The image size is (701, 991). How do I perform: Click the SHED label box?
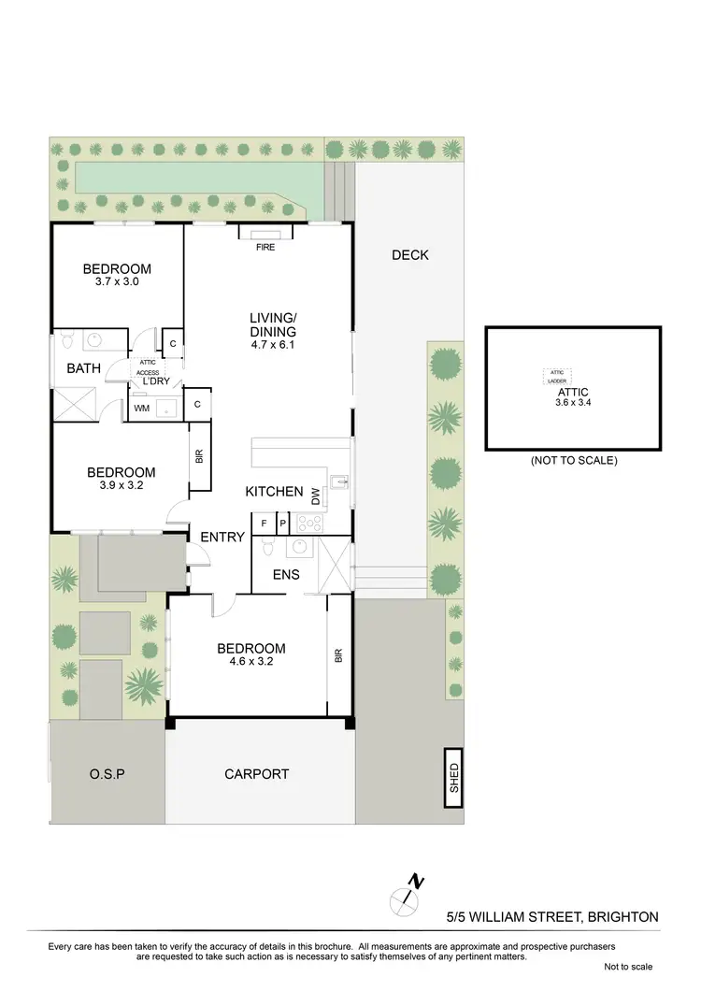454,776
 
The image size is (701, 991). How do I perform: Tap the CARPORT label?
257,774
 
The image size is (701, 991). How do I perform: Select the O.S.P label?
107,774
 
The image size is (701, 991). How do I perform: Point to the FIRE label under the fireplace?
266,249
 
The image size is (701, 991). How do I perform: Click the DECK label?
409,254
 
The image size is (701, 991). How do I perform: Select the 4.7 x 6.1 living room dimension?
273,344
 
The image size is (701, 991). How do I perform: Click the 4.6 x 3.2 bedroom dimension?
250,662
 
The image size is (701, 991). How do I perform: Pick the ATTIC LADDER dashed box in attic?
557,377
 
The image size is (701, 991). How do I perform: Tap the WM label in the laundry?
142,409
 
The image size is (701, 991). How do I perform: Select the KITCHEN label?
274,492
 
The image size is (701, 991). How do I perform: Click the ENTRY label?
222,537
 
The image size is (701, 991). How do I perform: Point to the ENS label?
286,574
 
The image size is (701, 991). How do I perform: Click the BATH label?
83,368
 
